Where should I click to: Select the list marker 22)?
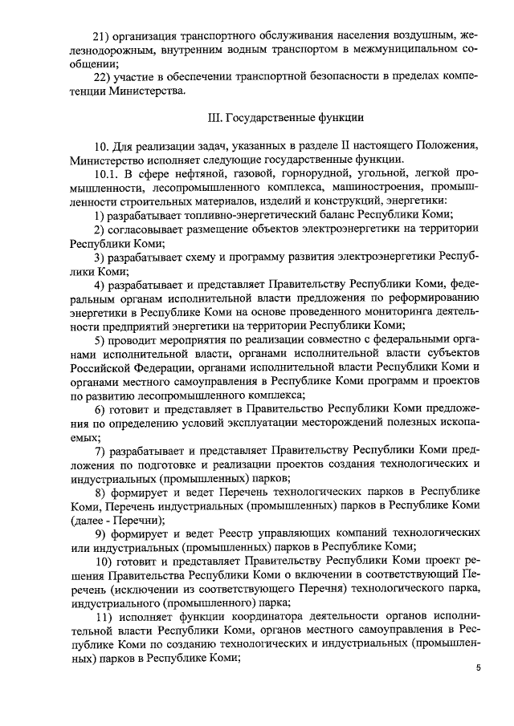coord(102,78)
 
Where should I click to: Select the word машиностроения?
coord(376,186)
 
